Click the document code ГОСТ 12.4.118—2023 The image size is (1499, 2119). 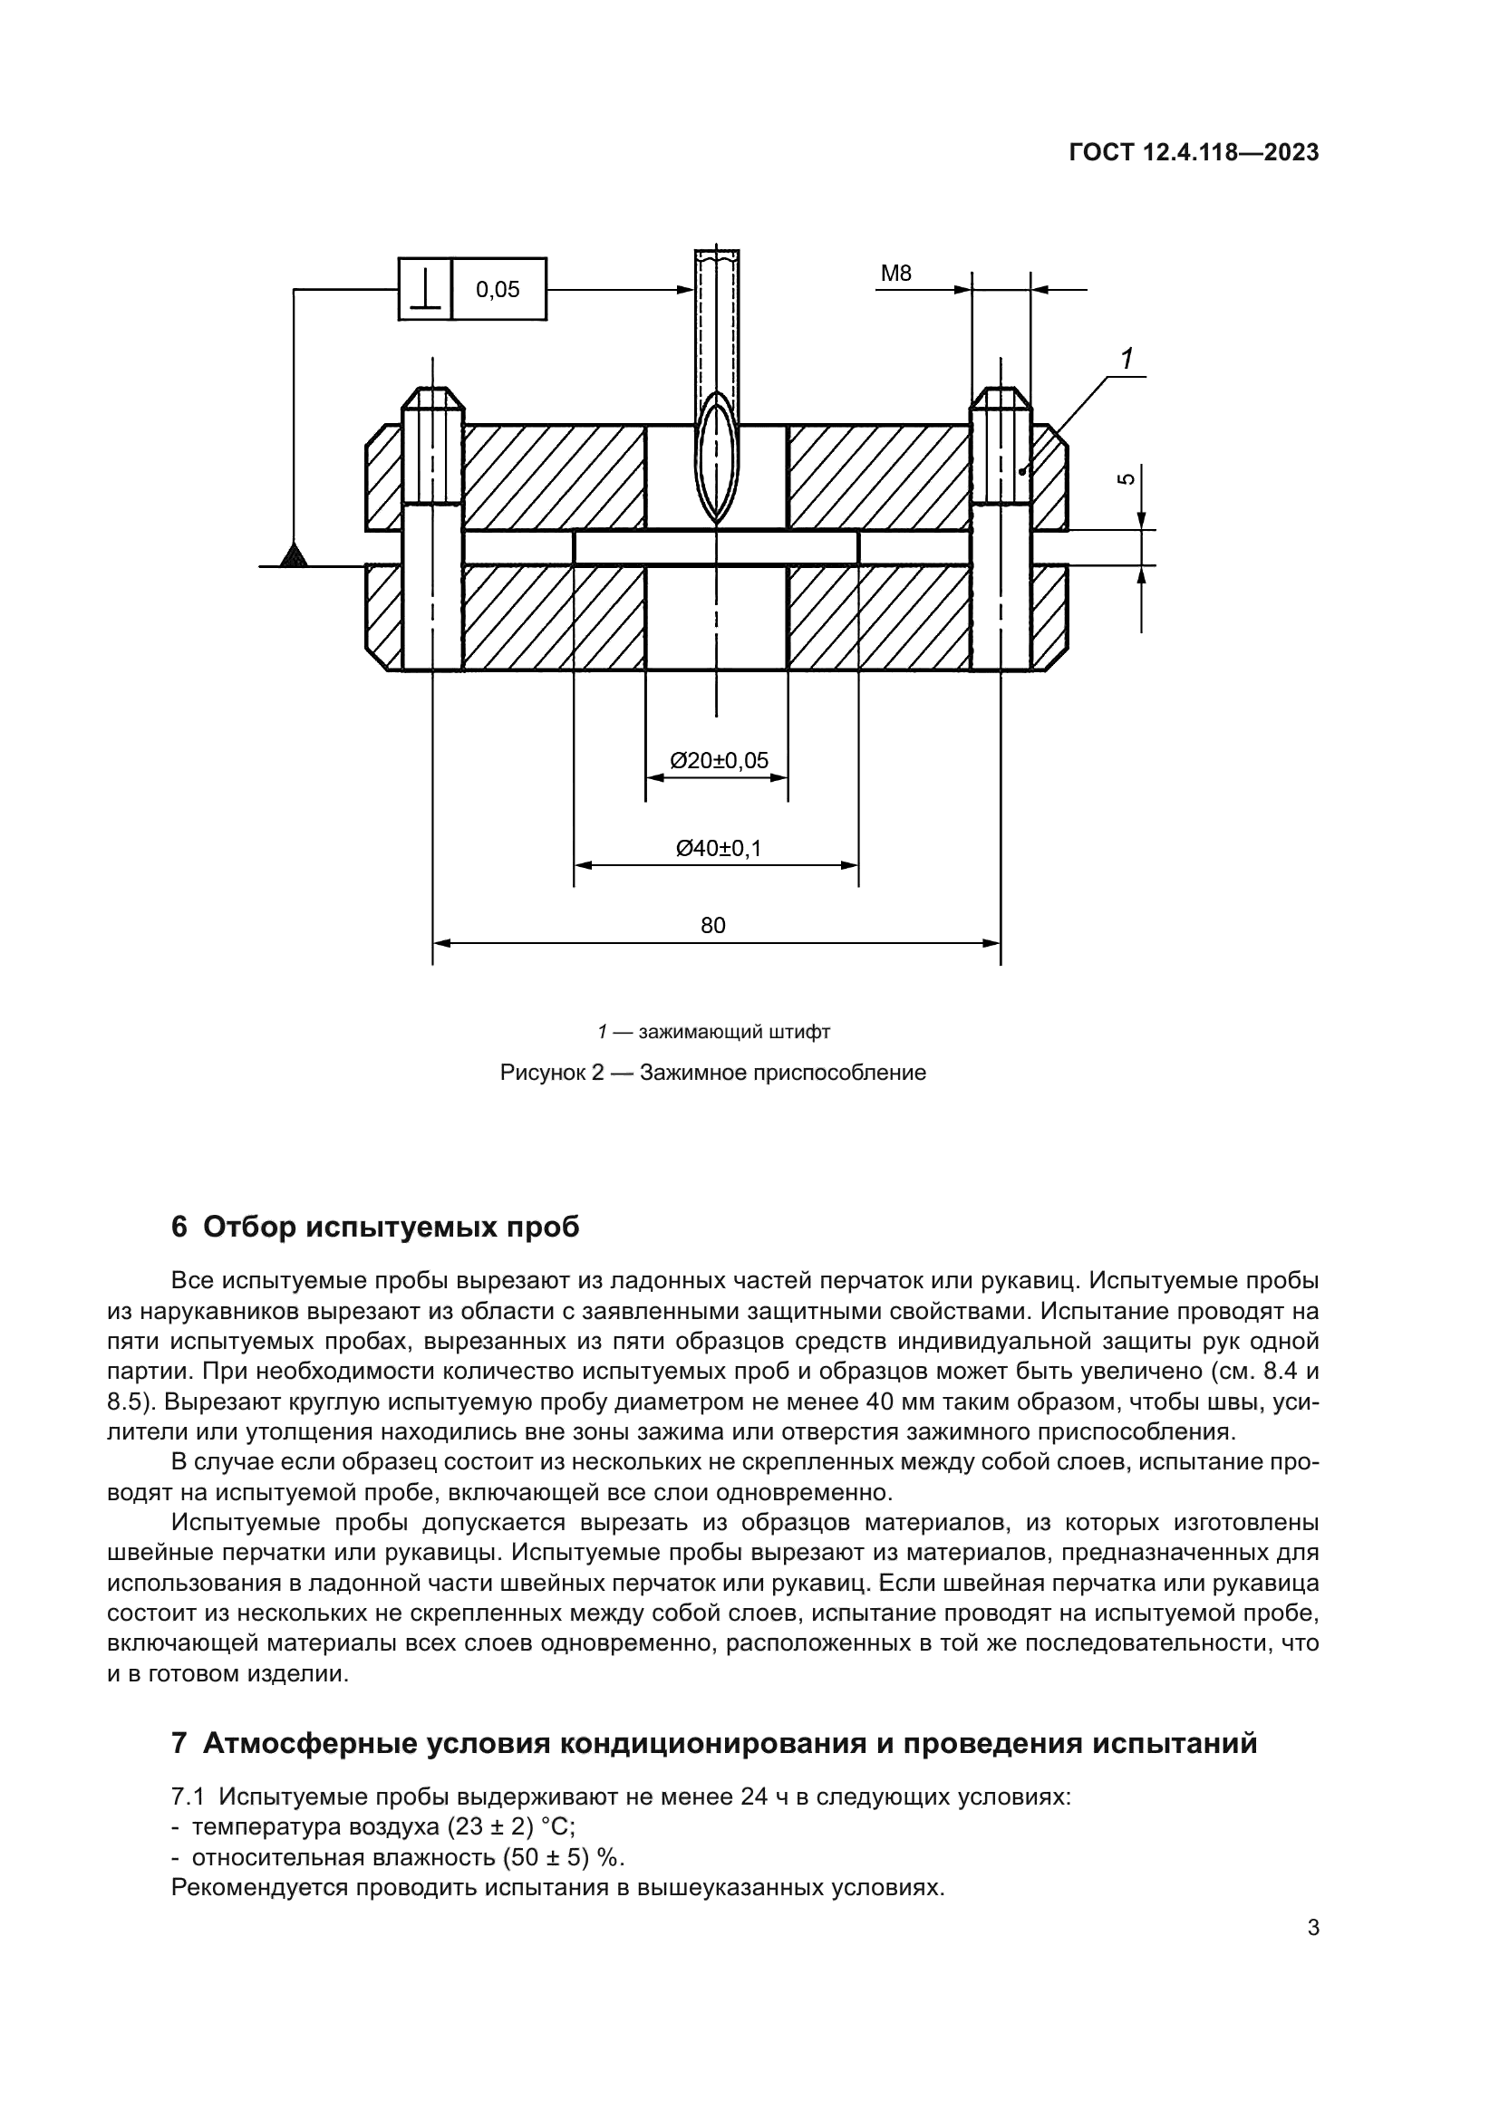point(1194,152)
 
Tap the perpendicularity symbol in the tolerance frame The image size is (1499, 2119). point(426,289)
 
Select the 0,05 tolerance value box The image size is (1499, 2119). point(498,290)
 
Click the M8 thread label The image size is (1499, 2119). point(895,274)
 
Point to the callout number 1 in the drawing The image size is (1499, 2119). point(1127,359)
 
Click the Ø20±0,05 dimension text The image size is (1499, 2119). point(719,760)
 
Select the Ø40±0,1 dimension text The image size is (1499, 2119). point(719,848)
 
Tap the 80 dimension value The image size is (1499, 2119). point(712,926)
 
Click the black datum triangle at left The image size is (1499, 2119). point(294,555)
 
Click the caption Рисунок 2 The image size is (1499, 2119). point(552,1073)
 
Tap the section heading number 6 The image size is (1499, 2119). point(179,1228)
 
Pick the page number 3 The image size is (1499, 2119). point(1313,1928)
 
